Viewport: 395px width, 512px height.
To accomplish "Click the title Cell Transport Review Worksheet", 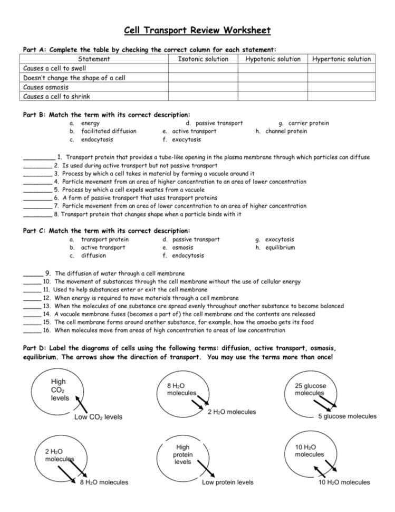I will (x=197, y=30).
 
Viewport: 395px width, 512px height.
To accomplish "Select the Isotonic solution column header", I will (x=203, y=59).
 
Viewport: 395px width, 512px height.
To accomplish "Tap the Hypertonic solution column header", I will (x=341, y=59).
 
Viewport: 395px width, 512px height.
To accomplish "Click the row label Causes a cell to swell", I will (x=55, y=69).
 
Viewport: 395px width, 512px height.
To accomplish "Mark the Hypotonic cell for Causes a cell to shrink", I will (x=272, y=97).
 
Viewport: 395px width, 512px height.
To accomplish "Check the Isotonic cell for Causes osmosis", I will (x=203, y=87).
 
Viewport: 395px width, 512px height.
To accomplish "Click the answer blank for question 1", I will (x=38, y=157).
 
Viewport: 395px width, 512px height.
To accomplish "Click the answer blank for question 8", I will (x=37, y=214).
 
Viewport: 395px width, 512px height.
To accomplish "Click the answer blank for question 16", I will (x=32, y=330).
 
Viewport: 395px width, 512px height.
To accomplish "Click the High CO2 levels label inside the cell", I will (x=60, y=390).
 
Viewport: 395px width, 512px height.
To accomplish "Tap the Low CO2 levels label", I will (x=98, y=418).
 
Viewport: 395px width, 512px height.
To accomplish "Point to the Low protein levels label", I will (x=227, y=482).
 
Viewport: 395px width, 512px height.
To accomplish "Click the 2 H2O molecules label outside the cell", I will (x=232, y=412).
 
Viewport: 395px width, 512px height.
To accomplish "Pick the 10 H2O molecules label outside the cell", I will (x=344, y=482).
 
